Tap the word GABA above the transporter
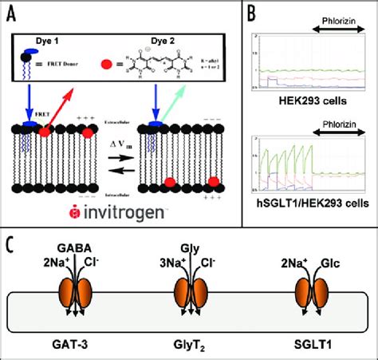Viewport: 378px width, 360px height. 77,251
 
